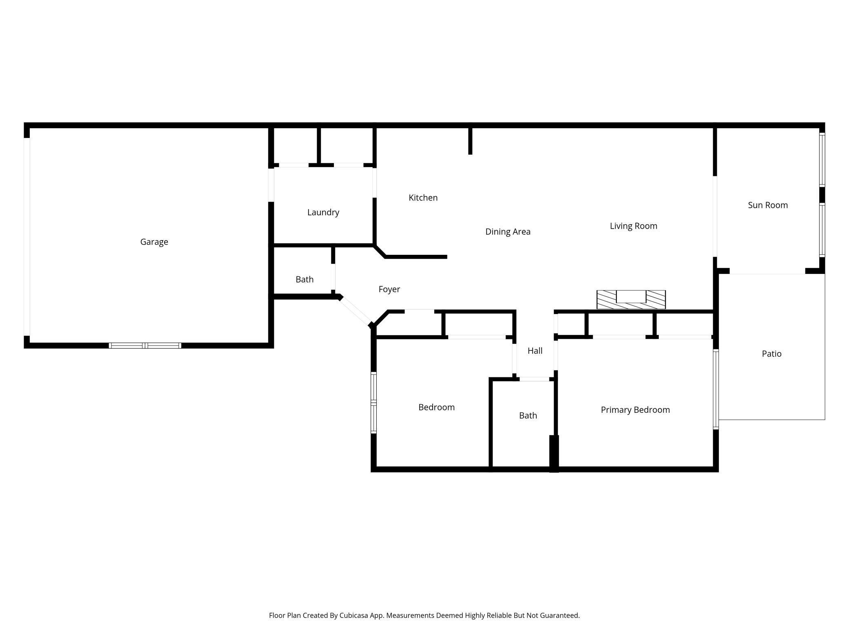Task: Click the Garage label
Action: (x=154, y=242)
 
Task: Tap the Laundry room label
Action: (x=323, y=212)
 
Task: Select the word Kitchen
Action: (x=423, y=198)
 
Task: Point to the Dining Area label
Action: (x=507, y=232)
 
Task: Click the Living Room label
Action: (x=633, y=226)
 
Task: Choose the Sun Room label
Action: (x=767, y=205)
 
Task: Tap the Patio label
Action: (x=771, y=354)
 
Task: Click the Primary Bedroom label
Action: (x=635, y=410)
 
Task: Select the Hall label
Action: (x=535, y=350)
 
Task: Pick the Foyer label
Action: (x=389, y=289)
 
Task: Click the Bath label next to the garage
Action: (x=304, y=279)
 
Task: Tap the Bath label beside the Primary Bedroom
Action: (x=528, y=415)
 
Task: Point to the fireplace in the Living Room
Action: (x=631, y=299)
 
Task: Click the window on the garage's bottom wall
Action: (x=145, y=345)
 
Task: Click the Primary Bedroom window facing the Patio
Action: (x=716, y=389)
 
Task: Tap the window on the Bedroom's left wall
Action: (x=373, y=402)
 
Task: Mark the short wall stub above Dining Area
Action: (x=470, y=141)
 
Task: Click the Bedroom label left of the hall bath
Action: (x=436, y=407)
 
